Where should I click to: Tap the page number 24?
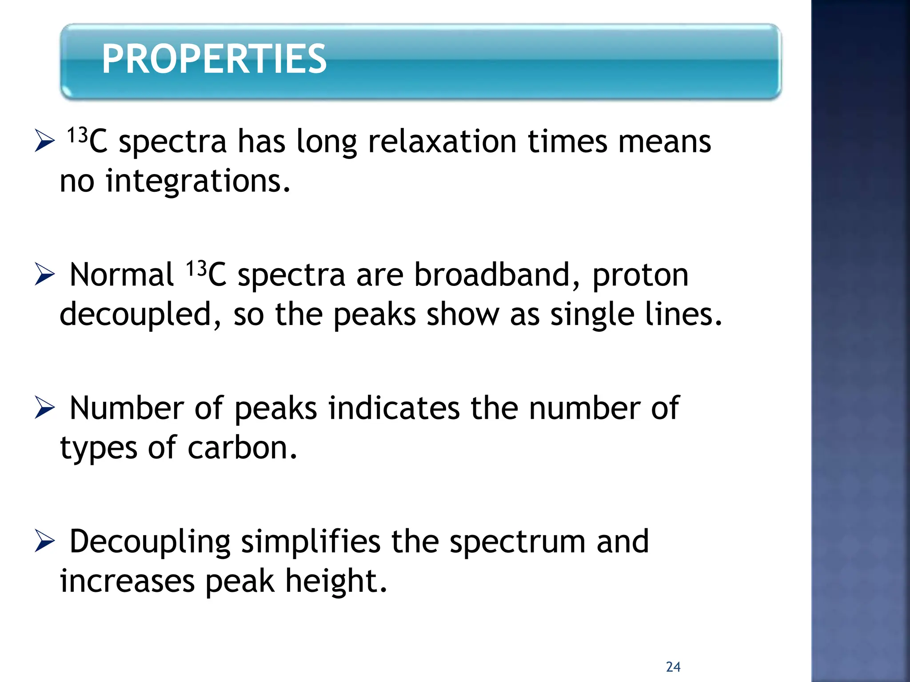(673, 667)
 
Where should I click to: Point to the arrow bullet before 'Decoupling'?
(44, 541)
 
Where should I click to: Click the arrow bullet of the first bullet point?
(44, 141)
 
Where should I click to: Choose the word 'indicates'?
(394, 408)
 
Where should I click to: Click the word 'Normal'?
(121, 275)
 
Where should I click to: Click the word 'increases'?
(128, 581)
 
